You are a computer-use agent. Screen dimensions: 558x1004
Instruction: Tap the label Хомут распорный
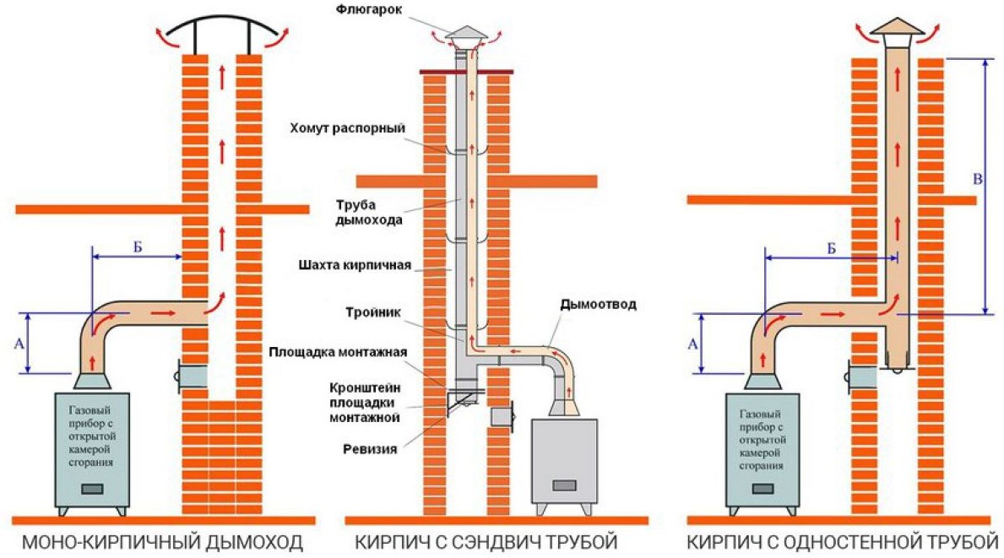coord(348,128)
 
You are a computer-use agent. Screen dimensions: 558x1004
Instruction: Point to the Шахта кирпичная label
coord(355,265)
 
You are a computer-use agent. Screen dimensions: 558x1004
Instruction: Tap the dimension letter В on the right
coord(978,180)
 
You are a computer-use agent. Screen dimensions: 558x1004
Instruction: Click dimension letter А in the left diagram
coord(19,344)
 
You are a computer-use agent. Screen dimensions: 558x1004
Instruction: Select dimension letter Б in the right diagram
coord(831,249)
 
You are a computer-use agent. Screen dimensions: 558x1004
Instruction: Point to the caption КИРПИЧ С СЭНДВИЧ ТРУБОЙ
coord(486,540)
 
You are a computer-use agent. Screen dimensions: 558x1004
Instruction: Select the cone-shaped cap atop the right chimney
coord(897,28)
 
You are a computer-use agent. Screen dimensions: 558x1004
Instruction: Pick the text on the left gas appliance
coord(93,436)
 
